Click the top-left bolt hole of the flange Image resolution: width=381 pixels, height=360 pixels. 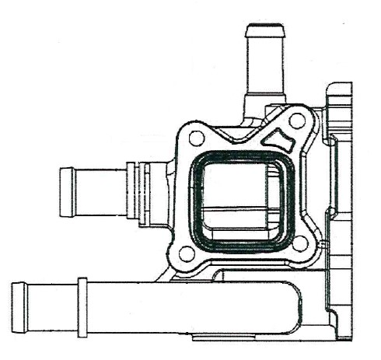197,138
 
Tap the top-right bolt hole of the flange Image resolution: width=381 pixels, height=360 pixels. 296,121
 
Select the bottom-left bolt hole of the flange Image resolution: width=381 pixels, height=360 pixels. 187,253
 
